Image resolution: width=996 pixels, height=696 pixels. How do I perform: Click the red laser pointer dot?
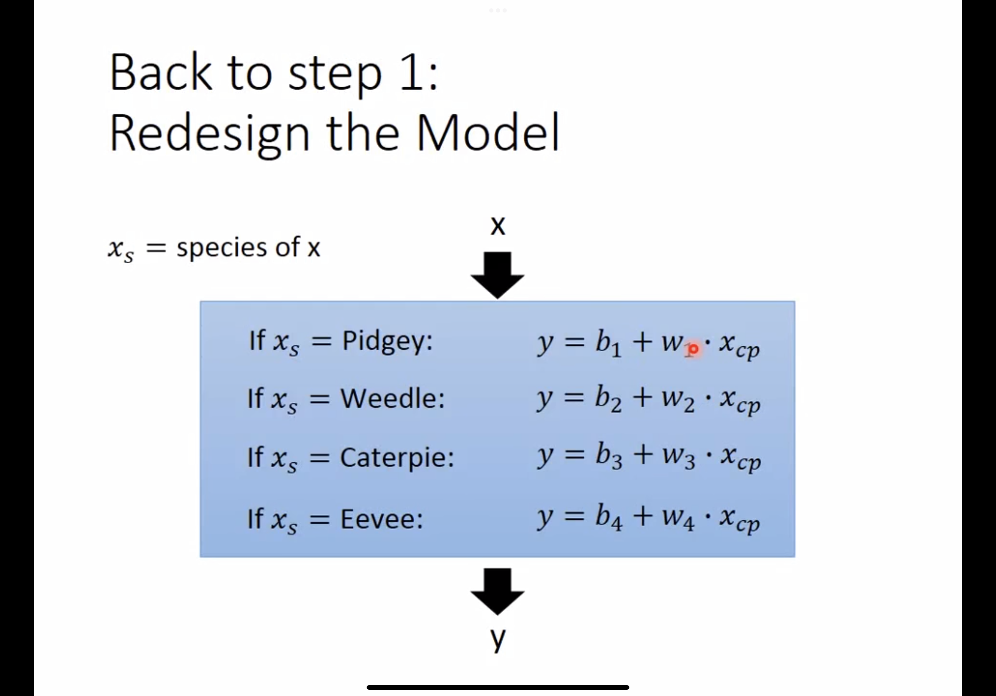click(x=693, y=349)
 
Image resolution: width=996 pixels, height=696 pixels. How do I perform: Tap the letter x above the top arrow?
click(x=498, y=226)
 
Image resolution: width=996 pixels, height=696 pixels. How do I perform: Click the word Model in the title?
click(x=488, y=132)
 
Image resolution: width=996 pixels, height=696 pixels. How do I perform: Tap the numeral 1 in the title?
click(x=412, y=73)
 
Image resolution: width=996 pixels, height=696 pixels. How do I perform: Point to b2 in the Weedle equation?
click(x=608, y=400)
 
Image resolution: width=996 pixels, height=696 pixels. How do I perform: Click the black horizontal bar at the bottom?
click(x=498, y=687)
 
